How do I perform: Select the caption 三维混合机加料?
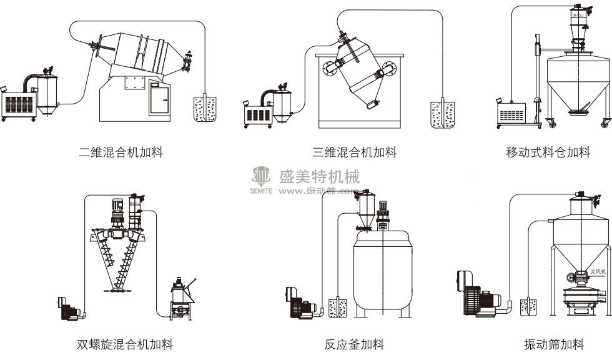(354, 152)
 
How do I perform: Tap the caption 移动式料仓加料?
(548, 152)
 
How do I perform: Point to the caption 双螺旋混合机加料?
(125, 344)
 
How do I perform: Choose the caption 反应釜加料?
(354, 344)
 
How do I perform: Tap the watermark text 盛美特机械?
(319, 176)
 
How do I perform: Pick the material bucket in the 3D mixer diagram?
(442, 114)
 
